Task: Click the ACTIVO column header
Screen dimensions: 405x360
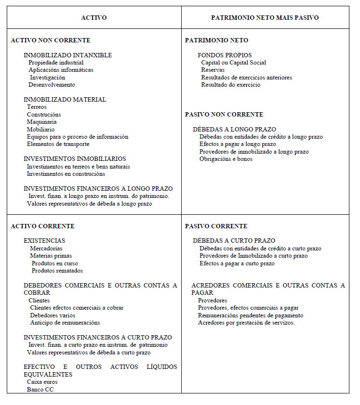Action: click(x=94, y=17)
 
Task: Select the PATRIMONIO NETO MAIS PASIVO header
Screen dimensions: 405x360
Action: click(x=265, y=17)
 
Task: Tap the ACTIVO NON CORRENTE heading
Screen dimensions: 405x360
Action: click(x=51, y=40)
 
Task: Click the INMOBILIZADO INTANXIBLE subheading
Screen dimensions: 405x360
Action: click(x=67, y=55)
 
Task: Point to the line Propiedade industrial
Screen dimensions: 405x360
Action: click(x=56, y=63)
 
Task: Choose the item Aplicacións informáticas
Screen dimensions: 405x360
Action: click(x=61, y=70)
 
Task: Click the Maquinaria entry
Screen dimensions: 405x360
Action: click(x=41, y=122)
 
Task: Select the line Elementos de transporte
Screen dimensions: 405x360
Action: click(x=58, y=144)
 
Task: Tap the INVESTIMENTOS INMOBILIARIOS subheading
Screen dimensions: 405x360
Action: click(x=75, y=159)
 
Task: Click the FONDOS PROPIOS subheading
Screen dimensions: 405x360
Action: click(x=225, y=55)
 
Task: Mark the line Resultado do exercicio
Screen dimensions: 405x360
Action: click(x=231, y=85)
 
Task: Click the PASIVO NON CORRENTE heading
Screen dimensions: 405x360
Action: click(x=224, y=115)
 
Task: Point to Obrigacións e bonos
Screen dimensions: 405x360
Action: click(x=226, y=159)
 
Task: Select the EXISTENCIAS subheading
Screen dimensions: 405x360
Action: click(x=44, y=241)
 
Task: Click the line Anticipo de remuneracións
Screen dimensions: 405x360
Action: click(x=65, y=323)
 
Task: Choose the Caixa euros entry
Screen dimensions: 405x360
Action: click(x=42, y=382)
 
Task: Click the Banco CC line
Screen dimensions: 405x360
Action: click(x=40, y=389)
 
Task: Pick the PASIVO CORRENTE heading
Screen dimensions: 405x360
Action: click(x=216, y=226)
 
